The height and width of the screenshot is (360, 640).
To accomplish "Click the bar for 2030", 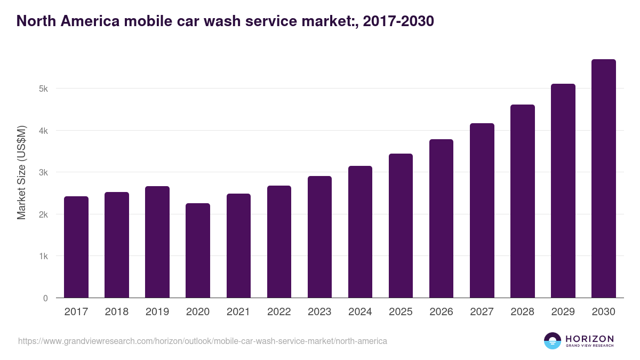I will pyautogui.click(x=603, y=179).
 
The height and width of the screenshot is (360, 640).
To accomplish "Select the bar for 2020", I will pyautogui.click(x=198, y=251).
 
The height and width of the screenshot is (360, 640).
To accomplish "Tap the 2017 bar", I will pyautogui.click(x=76, y=247).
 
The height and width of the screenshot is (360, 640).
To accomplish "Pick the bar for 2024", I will pyautogui.click(x=360, y=232).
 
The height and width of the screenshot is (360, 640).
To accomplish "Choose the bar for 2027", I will pyautogui.click(x=482, y=211).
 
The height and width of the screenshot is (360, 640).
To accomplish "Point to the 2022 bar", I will pyautogui.click(x=279, y=242).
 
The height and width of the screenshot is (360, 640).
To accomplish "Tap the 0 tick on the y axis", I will pyautogui.click(x=45, y=298).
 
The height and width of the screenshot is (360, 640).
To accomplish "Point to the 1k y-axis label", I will pyautogui.click(x=44, y=256).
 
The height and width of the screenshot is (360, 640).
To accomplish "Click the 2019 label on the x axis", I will pyautogui.click(x=157, y=312).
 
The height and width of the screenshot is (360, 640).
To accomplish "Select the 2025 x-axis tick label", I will pyautogui.click(x=401, y=312).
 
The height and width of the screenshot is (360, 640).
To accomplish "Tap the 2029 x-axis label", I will pyautogui.click(x=563, y=312).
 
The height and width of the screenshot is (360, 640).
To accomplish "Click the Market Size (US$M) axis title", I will pyautogui.click(x=21, y=172).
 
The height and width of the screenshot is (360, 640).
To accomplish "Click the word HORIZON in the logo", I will pyautogui.click(x=589, y=338).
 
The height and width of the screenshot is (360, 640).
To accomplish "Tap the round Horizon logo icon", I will pyautogui.click(x=553, y=341).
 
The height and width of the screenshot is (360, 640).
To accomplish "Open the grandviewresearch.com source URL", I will pyautogui.click(x=203, y=341).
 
